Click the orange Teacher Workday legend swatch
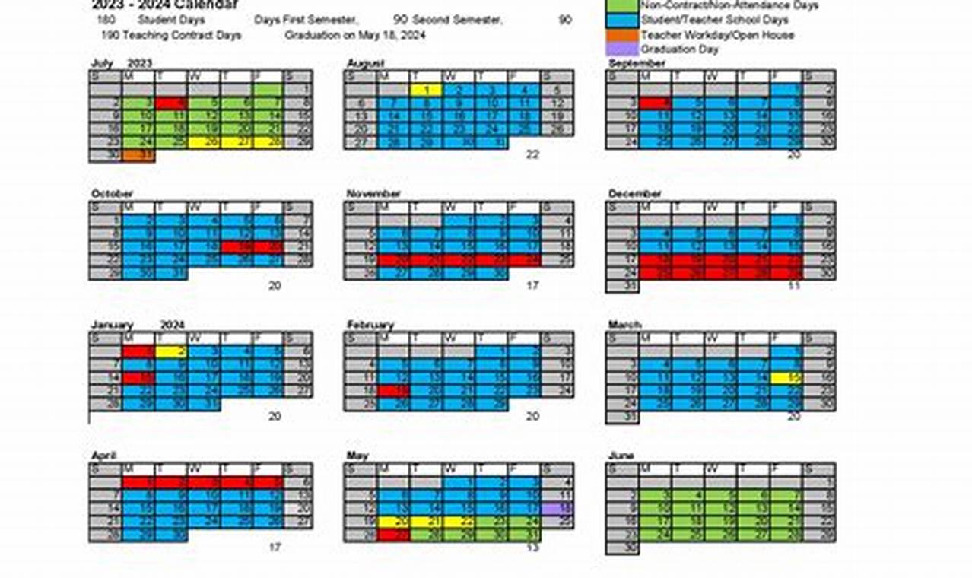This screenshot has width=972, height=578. click(621, 35)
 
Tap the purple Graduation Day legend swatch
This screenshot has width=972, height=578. click(621, 49)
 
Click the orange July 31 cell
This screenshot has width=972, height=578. click(138, 155)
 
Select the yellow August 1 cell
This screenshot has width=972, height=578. click(427, 90)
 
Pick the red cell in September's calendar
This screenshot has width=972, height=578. click(656, 103)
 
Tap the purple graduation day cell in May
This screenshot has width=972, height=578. click(557, 508)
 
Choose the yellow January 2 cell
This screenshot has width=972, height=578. click(171, 351)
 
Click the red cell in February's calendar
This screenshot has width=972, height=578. click(394, 391)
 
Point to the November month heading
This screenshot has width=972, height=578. click(373, 194)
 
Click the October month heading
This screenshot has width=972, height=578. click(112, 194)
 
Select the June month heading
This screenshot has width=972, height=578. click(621, 456)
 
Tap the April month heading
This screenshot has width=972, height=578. click(103, 456)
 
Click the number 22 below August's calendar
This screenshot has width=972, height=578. click(532, 154)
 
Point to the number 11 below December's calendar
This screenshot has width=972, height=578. click(794, 286)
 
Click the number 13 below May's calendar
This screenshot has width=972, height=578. click(532, 547)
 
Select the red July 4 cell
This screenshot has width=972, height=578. click(171, 103)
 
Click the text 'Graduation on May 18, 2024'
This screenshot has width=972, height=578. click(355, 36)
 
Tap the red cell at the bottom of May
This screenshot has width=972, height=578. click(394, 535)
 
